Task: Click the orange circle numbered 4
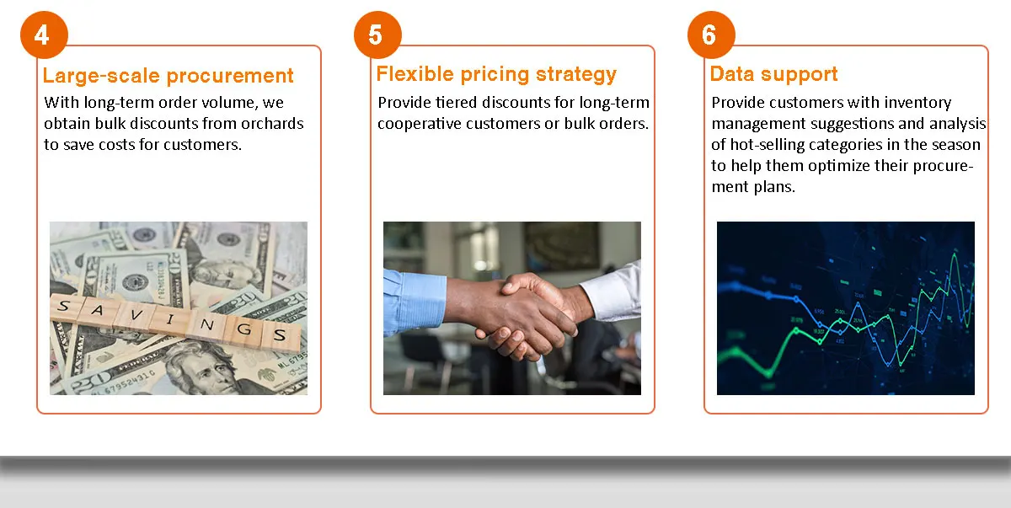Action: point(44,35)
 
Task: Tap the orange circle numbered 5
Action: point(377,35)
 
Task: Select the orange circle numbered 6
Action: point(711,35)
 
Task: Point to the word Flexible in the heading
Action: point(415,73)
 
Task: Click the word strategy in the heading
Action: point(576,75)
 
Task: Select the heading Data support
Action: point(773,74)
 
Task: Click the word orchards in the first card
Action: point(272,123)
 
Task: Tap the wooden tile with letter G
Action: point(244,329)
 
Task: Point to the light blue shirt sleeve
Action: point(414,301)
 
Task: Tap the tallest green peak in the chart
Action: point(954,255)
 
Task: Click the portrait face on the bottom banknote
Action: point(205,369)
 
